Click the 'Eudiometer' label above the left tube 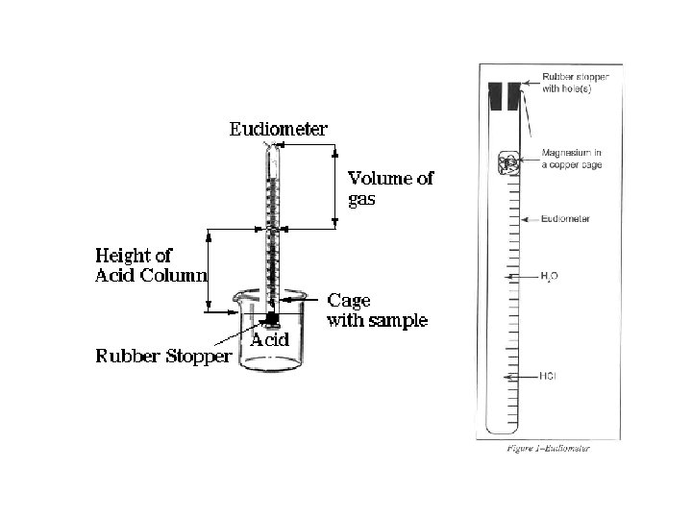pos(278,129)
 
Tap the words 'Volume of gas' pos(389,187)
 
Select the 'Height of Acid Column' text pos(150,265)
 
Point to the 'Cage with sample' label pos(378,310)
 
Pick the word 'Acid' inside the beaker pos(271,340)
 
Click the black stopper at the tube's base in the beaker pos(273,318)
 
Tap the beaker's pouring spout pos(233,312)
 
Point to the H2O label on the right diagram pos(549,276)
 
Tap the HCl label pos(549,376)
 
